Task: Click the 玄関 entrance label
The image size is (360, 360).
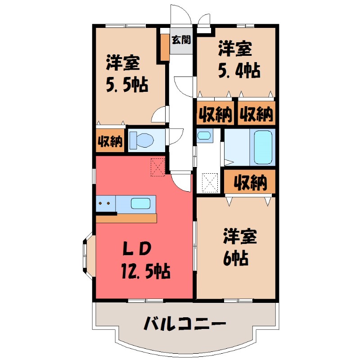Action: point(181,39)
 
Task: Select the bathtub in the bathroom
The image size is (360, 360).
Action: point(263,147)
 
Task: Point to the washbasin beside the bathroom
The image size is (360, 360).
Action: point(204,135)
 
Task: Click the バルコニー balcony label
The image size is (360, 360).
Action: point(184,323)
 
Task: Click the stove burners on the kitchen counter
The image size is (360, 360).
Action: point(105,203)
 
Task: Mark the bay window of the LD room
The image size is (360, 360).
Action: point(86,254)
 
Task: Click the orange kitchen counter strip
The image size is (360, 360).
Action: point(126,218)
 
